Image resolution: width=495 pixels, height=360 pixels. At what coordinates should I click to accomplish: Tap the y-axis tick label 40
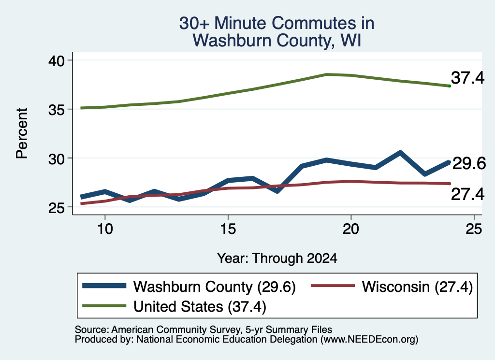[x=57, y=60]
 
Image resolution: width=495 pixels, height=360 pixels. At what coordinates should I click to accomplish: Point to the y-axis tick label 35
[x=57, y=110]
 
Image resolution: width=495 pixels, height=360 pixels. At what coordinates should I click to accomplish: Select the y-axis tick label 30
[x=57, y=158]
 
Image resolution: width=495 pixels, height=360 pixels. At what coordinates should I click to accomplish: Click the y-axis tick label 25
[x=57, y=208]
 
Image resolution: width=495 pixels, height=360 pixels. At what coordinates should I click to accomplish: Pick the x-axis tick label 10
[x=105, y=229]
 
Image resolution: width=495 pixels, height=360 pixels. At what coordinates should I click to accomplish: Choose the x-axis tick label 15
[x=228, y=229]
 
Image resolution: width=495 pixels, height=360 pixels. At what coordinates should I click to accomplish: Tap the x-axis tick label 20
[x=351, y=229]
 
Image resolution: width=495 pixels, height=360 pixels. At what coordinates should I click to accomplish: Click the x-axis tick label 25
[x=474, y=229]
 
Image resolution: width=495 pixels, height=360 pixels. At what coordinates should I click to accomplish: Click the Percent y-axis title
[x=22, y=133]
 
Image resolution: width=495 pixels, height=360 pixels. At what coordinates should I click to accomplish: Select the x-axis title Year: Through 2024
[x=277, y=259]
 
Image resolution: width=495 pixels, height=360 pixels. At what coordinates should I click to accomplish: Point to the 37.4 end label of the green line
[x=467, y=78]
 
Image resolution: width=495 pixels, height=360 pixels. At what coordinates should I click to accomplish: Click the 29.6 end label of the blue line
[x=469, y=163]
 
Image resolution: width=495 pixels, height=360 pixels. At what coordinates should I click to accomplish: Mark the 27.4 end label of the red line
[x=467, y=194]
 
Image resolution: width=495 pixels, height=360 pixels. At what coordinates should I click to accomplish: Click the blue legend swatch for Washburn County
[x=104, y=286]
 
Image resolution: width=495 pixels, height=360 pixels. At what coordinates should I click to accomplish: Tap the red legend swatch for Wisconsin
[x=333, y=286]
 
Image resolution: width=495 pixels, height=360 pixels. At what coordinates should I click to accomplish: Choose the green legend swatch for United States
[x=104, y=305]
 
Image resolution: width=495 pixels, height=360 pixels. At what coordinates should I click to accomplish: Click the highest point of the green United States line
[x=326, y=74]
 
